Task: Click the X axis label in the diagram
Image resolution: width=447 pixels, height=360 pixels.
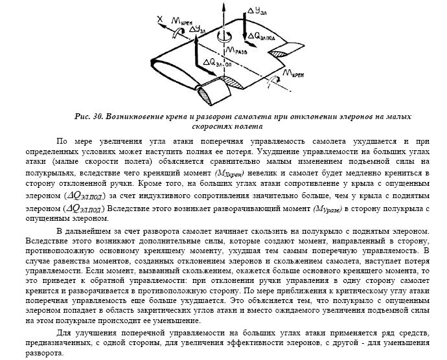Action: point(159,19)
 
